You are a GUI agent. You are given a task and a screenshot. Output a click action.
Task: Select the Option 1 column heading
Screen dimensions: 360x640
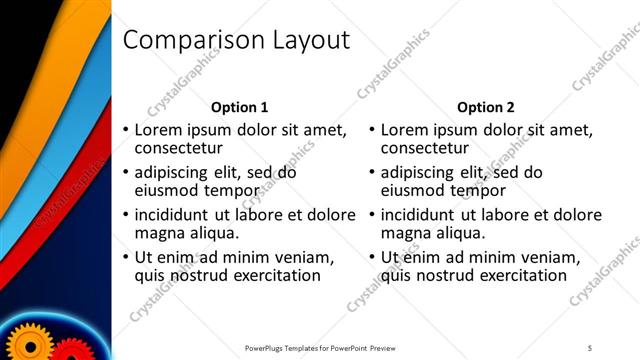coord(240,107)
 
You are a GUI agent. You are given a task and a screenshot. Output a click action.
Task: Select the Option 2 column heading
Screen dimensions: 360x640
coord(485,107)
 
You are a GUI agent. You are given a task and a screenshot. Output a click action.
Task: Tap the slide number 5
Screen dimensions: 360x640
coord(589,347)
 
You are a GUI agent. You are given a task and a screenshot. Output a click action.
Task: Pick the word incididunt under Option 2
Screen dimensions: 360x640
coord(418,214)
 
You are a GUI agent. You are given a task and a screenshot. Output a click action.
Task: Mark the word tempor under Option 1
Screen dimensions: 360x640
coord(234,191)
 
